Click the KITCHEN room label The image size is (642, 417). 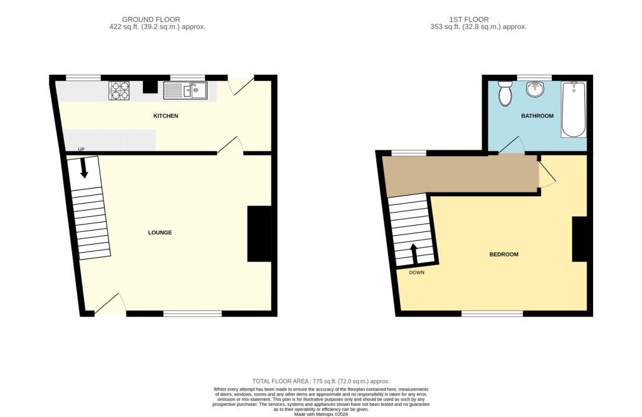pyautogui.click(x=166, y=116)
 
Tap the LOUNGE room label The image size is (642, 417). pyautogui.click(x=160, y=233)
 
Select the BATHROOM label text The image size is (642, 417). pyautogui.click(x=537, y=116)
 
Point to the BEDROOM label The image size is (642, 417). pyautogui.click(x=503, y=255)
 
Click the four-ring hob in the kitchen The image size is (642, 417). pyautogui.click(x=119, y=90)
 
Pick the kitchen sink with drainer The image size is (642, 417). pyautogui.click(x=186, y=90)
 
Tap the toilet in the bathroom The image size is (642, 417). pyautogui.click(x=505, y=93)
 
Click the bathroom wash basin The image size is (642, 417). pyautogui.click(x=535, y=89)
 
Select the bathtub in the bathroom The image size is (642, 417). pyautogui.click(x=574, y=109)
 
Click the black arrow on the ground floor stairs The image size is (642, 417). pyautogui.click(x=84, y=168)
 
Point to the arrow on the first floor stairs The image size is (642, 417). pyautogui.click(x=414, y=255)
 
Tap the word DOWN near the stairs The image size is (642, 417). pyautogui.click(x=416, y=272)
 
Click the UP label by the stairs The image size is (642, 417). pyautogui.click(x=81, y=149)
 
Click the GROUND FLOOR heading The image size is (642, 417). pyautogui.click(x=151, y=19)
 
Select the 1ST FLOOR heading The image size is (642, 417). pyautogui.click(x=469, y=19)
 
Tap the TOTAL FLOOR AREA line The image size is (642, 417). pyautogui.click(x=321, y=381)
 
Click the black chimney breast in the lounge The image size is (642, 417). pyautogui.click(x=260, y=233)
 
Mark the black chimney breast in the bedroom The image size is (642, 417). pyautogui.click(x=579, y=239)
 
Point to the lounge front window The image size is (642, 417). pyautogui.click(x=192, y=314)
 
